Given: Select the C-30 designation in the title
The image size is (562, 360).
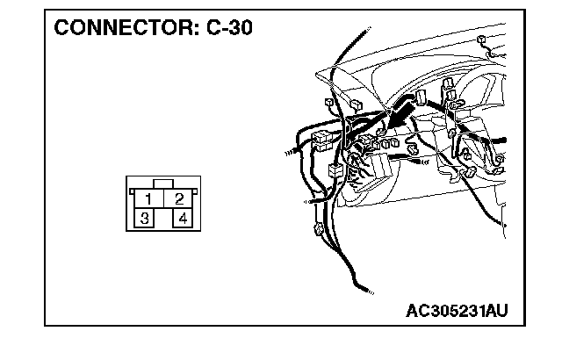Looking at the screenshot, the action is pos(227,27).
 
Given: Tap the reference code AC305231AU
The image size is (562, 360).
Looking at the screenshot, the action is pos(457,310).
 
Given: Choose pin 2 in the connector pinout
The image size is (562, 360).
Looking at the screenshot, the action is pos(178,198).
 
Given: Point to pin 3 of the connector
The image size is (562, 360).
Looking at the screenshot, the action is pos(142,217).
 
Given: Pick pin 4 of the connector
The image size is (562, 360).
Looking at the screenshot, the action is pos(183,217).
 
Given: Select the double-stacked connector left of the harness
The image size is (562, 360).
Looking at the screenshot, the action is pos(321,140).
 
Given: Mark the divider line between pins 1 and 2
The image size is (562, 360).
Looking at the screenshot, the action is pos(163,198).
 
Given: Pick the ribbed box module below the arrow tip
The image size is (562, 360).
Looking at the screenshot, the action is pos(379,165).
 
